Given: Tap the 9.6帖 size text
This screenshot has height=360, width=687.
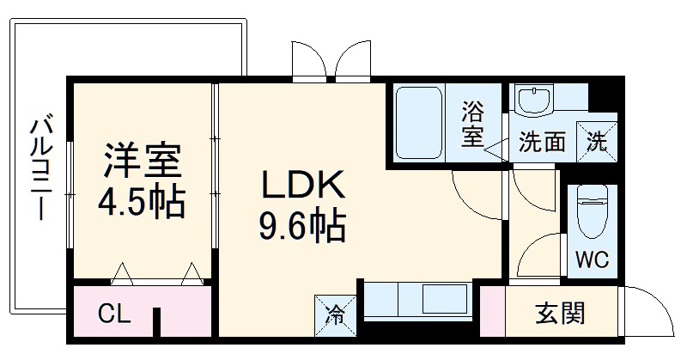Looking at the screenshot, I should pos(302,227).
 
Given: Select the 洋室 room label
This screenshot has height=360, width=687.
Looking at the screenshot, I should pos(142,162).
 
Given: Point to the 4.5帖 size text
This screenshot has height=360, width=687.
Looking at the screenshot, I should pos(142,203).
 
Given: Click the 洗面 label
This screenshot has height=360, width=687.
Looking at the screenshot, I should pos(542,142).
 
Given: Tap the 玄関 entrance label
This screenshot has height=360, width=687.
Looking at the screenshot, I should pos(560,314).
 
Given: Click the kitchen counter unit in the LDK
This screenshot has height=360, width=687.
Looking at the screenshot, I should pos(416,301).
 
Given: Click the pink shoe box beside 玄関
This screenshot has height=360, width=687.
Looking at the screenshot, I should pos(492,314).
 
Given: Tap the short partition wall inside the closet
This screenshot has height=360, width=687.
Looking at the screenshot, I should pos(158,322).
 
